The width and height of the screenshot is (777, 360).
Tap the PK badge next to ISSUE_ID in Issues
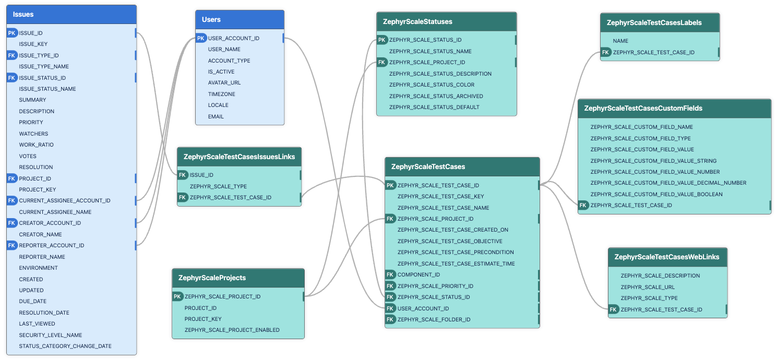point(12,33)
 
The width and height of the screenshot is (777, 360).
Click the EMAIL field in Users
point(216,116)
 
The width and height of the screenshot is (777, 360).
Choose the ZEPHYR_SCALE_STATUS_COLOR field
point(432,85)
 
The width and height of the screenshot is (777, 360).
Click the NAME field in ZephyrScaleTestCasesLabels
point(620,41)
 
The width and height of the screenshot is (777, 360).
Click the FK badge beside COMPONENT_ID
point(390,274)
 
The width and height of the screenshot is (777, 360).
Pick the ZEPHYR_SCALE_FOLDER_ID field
point(434,319)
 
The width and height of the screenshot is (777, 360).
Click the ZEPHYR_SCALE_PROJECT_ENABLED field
point(232,330)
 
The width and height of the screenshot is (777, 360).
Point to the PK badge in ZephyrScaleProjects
point(177,296)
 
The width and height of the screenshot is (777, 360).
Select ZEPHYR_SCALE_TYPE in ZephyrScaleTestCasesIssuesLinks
point(218,186)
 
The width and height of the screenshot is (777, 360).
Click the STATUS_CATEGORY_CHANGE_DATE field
point(65,346)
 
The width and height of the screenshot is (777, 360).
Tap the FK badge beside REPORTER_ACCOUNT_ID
point(12,245)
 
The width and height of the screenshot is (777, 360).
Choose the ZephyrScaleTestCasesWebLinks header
point(667,257)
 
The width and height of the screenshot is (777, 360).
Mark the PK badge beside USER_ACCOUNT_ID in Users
point(201,38)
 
